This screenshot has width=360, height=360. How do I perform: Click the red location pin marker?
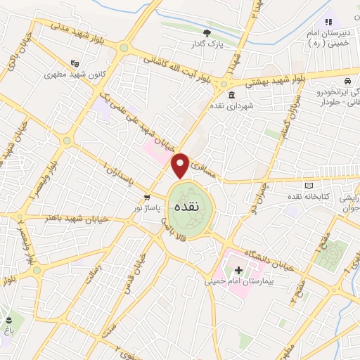[180, 166]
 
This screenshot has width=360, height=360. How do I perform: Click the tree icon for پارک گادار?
[207, 32]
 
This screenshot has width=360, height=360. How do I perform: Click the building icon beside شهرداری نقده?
[231, 95]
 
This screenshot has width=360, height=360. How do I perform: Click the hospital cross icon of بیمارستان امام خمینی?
[238, 271]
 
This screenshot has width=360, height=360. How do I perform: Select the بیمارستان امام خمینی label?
[238, 282]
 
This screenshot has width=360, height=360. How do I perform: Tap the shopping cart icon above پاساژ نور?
[146, 197]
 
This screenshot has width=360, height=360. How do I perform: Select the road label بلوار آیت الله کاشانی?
[175, 66]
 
